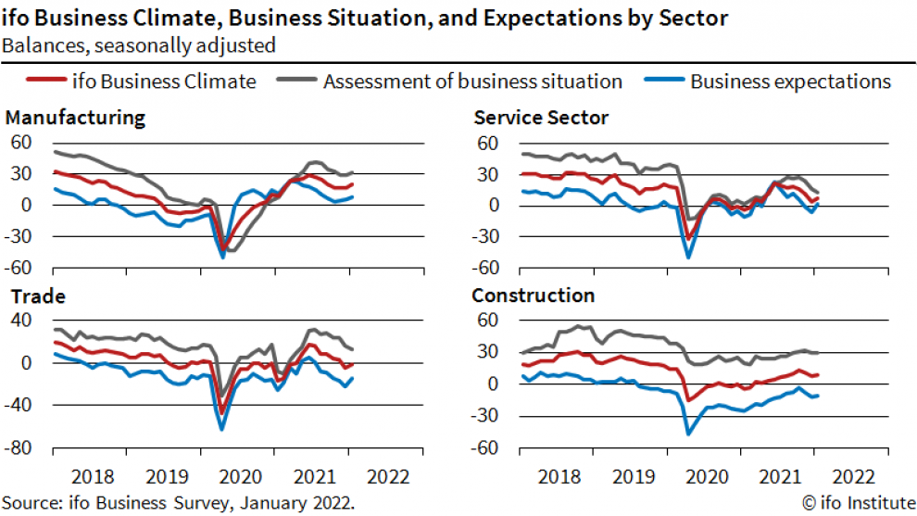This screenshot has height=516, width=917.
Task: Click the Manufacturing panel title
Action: tap(75, 118)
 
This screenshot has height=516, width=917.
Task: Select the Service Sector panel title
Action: tap(541, 118)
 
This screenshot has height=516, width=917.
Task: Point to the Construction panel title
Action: tap(534, 296)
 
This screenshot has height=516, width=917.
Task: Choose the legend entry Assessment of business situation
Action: tap(472, 82)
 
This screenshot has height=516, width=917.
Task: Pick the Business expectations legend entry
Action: tap(790, 82)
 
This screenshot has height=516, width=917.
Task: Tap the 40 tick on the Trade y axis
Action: tap(21, 321)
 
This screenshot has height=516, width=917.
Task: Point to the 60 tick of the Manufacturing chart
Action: tap(21, 143)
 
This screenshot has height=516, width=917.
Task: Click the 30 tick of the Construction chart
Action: tap(488, 352)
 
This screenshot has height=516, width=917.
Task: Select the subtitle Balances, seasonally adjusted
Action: tap(138, 44)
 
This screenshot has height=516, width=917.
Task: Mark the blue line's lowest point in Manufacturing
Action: tap(222, 256)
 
